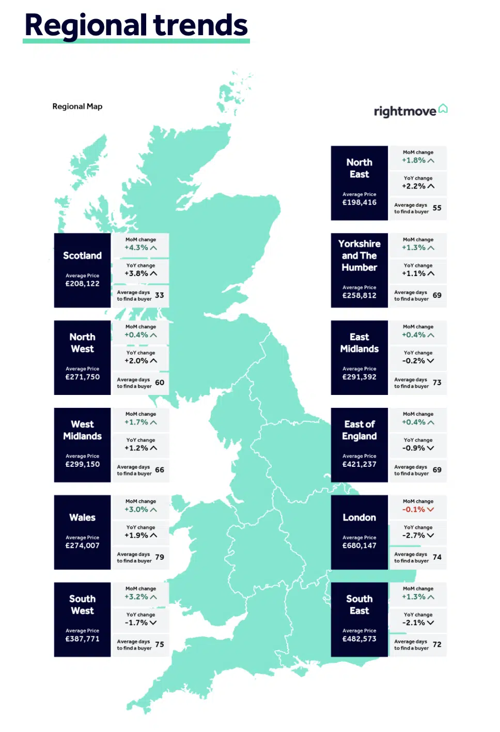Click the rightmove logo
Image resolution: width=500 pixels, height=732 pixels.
click(x=410, y=111)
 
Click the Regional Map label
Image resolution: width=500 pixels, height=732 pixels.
click(x=77, y=106)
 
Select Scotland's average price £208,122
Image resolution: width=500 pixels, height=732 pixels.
click(x=82, y=284)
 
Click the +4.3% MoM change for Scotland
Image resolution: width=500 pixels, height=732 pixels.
click(x=136, y=248)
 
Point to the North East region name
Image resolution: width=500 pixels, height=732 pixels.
click(x=359, y=169)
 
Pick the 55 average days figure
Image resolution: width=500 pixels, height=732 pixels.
click(x=437, y=208)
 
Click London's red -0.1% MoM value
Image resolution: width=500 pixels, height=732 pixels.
click(x=414, y=510)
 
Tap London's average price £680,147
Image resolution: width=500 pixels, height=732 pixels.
click(x=359, y=545)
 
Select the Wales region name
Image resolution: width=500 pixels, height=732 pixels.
click(x=82, y=517)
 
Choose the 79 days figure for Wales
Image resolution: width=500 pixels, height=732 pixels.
click(x=160, y=557)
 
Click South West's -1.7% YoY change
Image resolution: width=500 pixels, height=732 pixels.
click(x=136, y=623)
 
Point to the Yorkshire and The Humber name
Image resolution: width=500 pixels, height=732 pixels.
click(x=359, y=255)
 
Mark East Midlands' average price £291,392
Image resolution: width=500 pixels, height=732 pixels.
click(x=359, y=377)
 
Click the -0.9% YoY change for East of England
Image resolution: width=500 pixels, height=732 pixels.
click(x=414, y=448)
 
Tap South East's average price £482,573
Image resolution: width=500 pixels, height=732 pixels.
click(x=359, y=639)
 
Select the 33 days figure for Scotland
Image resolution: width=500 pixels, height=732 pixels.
click(x=160, y=295)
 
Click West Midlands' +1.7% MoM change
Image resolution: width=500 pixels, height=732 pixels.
click(x=136, y=422)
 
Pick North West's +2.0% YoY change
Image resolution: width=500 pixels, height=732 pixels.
click(x=136, y=361)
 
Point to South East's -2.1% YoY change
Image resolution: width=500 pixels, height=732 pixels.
click(x=414, y=623)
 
